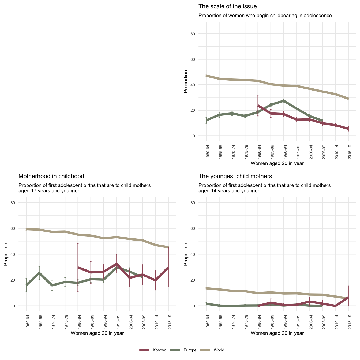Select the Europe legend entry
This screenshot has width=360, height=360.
point(190,350)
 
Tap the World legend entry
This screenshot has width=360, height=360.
point(219,350)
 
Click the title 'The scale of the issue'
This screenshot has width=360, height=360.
point(227,6)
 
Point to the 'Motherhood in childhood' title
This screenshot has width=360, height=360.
point(51,176)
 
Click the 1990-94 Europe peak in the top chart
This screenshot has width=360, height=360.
point(284,101)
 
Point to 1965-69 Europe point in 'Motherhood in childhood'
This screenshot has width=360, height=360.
point(39,273)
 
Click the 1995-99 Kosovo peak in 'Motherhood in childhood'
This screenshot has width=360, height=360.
point(117,264)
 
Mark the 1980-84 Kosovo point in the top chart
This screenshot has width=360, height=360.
point(258,106)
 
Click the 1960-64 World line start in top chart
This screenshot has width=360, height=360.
point(206,76)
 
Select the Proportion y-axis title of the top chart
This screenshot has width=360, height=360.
point(186,81)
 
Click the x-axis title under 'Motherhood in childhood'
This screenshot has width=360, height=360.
point(97,333)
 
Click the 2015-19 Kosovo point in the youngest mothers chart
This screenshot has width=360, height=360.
point(348,297)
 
